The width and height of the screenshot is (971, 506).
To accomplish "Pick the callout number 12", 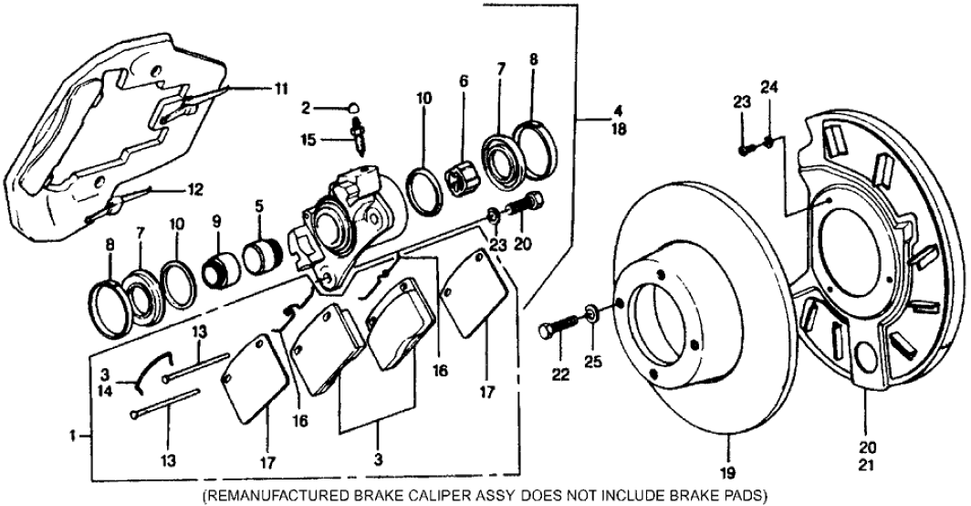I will pos(194,191).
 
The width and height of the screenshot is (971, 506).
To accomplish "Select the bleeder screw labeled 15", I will pos(359,134).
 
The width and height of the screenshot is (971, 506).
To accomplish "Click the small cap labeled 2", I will pos(356,108).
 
